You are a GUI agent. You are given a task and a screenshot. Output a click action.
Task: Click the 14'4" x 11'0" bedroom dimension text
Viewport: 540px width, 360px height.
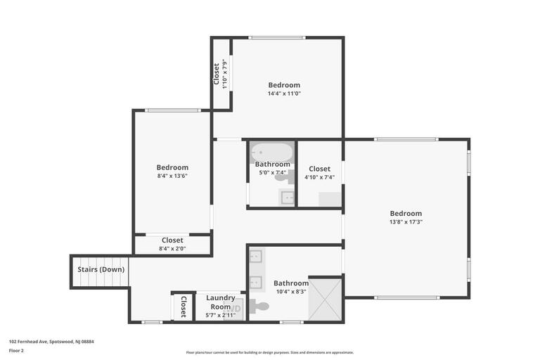[283, 94]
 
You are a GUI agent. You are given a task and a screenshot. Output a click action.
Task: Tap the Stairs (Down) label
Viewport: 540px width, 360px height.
[101, 269]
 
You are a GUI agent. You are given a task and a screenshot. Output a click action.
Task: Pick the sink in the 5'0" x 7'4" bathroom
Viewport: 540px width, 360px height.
[287, 197]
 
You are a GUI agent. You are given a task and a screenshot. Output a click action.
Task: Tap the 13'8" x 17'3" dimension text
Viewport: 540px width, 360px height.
[406, 222]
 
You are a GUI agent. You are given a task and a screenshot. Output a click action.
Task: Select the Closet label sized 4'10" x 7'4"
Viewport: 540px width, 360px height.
[319, 169]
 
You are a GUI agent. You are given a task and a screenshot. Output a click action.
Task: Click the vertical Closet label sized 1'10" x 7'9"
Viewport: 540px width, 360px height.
[217, 74]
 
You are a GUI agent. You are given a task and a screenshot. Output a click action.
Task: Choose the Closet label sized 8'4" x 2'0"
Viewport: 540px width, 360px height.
[172, 240]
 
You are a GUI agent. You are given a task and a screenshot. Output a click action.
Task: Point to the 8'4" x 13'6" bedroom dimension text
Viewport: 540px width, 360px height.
[172, 176]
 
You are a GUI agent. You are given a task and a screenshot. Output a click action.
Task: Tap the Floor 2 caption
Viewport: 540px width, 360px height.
[16, 350]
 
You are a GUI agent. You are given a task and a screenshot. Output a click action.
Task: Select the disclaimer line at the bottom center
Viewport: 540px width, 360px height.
[270, 352]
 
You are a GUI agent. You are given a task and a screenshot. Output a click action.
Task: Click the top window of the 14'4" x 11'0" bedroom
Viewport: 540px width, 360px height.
[277, 38]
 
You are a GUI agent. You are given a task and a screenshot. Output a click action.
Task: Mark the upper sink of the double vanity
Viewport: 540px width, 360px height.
[255, 256]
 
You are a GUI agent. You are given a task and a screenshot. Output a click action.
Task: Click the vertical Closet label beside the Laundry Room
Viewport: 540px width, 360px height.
[184, 306]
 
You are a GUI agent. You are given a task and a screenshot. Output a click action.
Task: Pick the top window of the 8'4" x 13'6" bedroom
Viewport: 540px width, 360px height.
[172, 110]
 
